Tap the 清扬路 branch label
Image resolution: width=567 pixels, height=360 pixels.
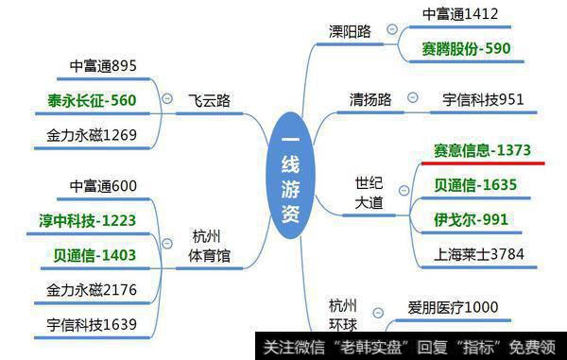point(370,98)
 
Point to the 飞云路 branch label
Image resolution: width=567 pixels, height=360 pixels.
point(208,99)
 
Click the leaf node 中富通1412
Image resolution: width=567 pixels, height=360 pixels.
point(459,13)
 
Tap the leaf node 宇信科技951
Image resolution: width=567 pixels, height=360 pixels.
point(483,98)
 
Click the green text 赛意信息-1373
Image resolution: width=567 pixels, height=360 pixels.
point(482,150)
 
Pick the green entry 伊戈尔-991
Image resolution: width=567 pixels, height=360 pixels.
point(472,219)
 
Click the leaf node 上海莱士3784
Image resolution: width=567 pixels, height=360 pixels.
point(479,253)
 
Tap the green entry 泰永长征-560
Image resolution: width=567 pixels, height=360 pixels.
point(91,99)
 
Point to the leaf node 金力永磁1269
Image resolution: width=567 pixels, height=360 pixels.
point(91,134)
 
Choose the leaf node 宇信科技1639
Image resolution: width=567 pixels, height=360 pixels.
point(91,324)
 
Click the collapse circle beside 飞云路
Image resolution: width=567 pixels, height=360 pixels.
point(167,98)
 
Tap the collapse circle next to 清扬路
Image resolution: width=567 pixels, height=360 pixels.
point(412,97)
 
